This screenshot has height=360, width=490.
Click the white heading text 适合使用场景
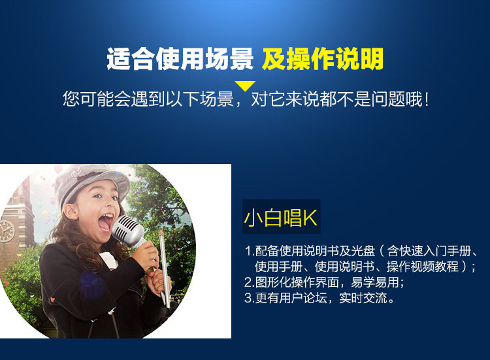(180, 59)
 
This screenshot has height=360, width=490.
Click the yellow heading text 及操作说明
(323, 59)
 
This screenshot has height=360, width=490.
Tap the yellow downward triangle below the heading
(245, 86)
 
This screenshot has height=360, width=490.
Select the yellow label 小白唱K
(281, 218)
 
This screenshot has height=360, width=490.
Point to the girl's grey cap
(91, 183)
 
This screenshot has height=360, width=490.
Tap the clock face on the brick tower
(7, 231)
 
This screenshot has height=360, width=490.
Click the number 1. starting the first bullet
(250, 251)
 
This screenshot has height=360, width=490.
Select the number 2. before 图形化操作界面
(250, 282)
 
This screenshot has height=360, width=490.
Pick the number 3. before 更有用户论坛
(250, 298)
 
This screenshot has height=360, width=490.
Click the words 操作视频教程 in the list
(423, 267)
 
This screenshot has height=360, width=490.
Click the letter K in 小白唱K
(310, 218)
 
